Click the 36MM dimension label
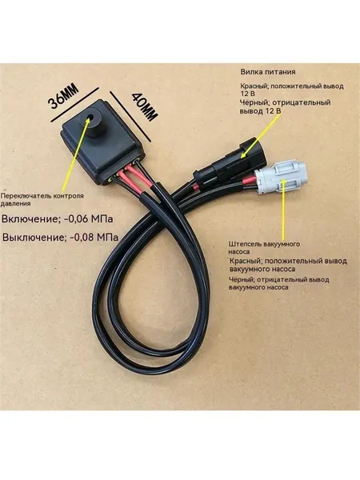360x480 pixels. point(63,96)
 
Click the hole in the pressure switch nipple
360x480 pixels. point(91,118)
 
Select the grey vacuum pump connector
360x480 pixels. point(281,178)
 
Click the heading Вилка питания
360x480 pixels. point(268,72)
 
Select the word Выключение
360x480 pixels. point(34,238)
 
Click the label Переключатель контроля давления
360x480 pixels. point(42,199)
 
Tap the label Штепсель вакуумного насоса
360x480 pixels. point(265,248)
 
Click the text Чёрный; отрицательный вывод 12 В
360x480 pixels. point(286,106)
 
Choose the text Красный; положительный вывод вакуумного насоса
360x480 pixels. point(288,265)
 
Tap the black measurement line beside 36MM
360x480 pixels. point(75,105)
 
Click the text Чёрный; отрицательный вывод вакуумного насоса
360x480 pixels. point(279,283)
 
